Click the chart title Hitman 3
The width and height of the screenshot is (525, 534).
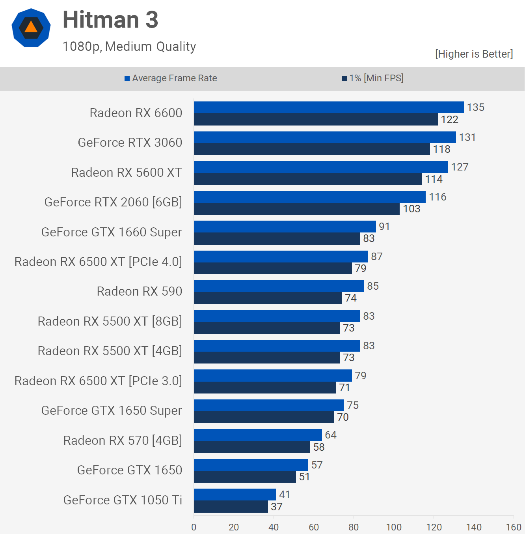[x=110, y=20]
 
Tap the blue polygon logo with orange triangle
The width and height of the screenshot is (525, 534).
[x=31, y=28]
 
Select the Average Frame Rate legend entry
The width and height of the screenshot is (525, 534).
[x=171, y=78]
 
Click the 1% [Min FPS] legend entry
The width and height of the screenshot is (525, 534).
[x=372, y=78]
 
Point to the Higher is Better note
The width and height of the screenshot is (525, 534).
[x=474, y=54]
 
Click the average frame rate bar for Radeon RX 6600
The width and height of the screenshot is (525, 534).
[x=329, y=107]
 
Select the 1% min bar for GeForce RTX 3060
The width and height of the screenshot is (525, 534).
[x=312, y=149]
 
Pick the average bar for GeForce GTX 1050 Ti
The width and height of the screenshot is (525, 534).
[x=235, y=495]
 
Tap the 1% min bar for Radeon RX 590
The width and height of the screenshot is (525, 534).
[x=268, y=298]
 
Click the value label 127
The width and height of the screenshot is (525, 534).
[x=460, y=167]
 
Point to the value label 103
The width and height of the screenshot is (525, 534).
[x=411, y=209]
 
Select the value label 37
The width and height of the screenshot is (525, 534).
[x=277, y=507]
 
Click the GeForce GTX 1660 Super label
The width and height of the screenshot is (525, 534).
[x=112, y=232]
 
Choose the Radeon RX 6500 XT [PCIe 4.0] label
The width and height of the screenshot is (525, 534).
[x=98, y=262]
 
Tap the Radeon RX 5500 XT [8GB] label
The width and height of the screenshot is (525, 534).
[x=110, y=321]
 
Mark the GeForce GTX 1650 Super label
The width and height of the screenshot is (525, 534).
[x=112, y=410]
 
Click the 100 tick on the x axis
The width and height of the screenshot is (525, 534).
[x=394, y=527]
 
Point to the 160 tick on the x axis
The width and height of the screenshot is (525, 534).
[x=514, y=527]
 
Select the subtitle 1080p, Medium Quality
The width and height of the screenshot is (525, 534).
[x=129, y=47]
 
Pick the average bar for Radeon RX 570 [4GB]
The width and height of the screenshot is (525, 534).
[x=258, y=435]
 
